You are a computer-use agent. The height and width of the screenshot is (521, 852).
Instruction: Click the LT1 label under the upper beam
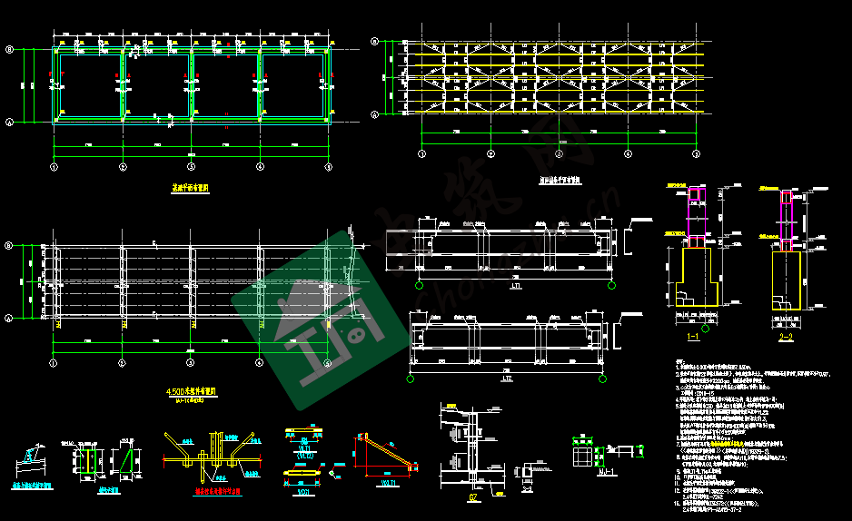(x=516, y=286)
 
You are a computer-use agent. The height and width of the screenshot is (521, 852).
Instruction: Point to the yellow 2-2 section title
(x=786, y=337)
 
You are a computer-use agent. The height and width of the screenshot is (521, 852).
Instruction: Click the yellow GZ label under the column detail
(x=472, y=496)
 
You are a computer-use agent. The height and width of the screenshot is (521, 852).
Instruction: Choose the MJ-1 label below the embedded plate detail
(x=601, y=473)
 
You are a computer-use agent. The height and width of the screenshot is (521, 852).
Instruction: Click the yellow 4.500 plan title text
(x=189, y=392)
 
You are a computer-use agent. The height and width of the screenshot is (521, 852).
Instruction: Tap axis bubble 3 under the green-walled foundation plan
(x=191, y=167)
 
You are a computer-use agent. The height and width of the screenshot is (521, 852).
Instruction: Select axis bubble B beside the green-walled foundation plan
(x=10, y=52)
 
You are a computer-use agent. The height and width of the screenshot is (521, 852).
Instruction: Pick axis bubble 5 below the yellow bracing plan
(x=697, y=154)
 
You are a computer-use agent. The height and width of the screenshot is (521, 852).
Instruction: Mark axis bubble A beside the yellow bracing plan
(x=375, y=113)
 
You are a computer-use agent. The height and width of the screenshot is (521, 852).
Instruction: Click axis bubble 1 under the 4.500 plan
(x=54, y=363)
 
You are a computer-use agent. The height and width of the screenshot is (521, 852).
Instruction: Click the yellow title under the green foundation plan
(x=191, y=190)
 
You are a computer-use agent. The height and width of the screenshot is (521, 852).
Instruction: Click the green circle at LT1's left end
(x=420, y=286)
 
